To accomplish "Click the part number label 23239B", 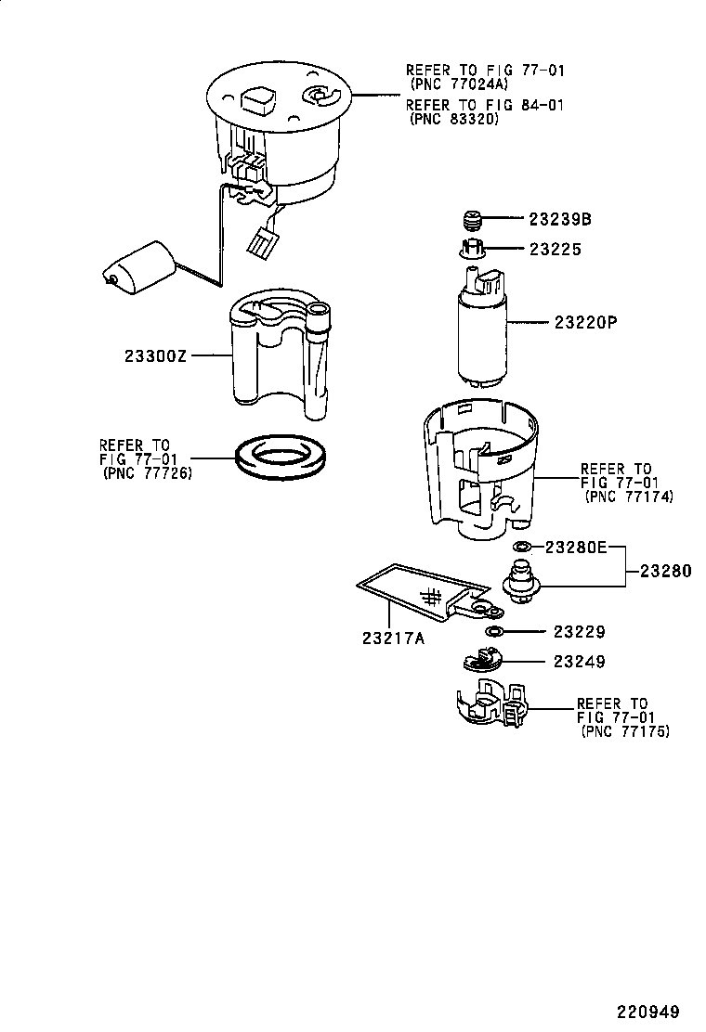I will (560, 220).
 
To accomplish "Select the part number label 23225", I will (556, 250).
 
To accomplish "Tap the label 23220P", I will (586, 323).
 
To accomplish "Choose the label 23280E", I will (575, 548).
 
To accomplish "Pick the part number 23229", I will (579, 632).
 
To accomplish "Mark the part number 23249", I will (579, 662).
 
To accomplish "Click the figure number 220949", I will (647, 1012).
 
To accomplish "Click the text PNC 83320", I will (453, 120).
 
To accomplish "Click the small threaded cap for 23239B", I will (474, 221).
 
